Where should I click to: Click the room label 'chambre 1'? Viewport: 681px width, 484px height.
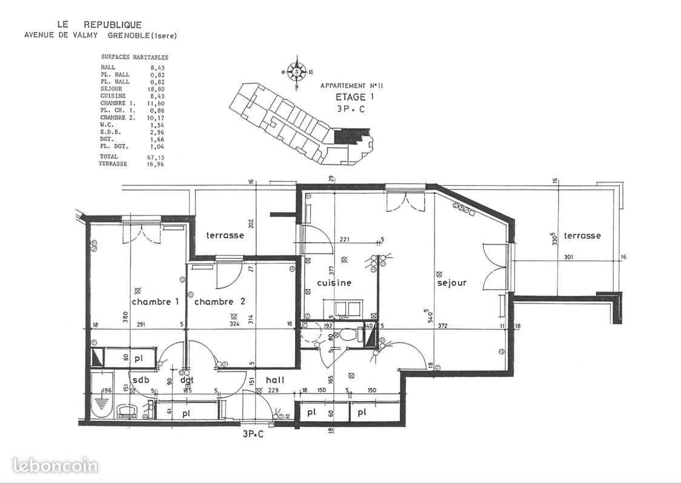(x=155, y=301)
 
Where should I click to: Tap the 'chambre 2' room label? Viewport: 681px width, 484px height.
(x=219, y=301)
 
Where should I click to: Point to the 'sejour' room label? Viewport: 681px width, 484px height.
(x=452, y=283)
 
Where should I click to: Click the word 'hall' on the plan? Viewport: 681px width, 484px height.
(x=275, y=380)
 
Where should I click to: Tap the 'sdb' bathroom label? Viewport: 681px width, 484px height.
(x=141, y=380)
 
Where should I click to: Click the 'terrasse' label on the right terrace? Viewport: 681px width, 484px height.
(x=582, y=235)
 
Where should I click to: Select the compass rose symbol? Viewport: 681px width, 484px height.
(x=296, y=72)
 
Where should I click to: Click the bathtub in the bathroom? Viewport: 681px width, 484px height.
(x=103, y=397)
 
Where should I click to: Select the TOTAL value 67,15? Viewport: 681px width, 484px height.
(x=156, y=157)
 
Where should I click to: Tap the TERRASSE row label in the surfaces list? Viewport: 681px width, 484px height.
(x=113, y=164)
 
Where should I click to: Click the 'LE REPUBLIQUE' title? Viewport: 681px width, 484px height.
(x=99, y=25)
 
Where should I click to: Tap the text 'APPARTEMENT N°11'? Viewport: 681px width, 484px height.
(x=351, y=87)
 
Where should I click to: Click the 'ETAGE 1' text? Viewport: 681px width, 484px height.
(x=351, y=97)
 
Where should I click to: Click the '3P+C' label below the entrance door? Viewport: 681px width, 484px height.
(x=253, y=434)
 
